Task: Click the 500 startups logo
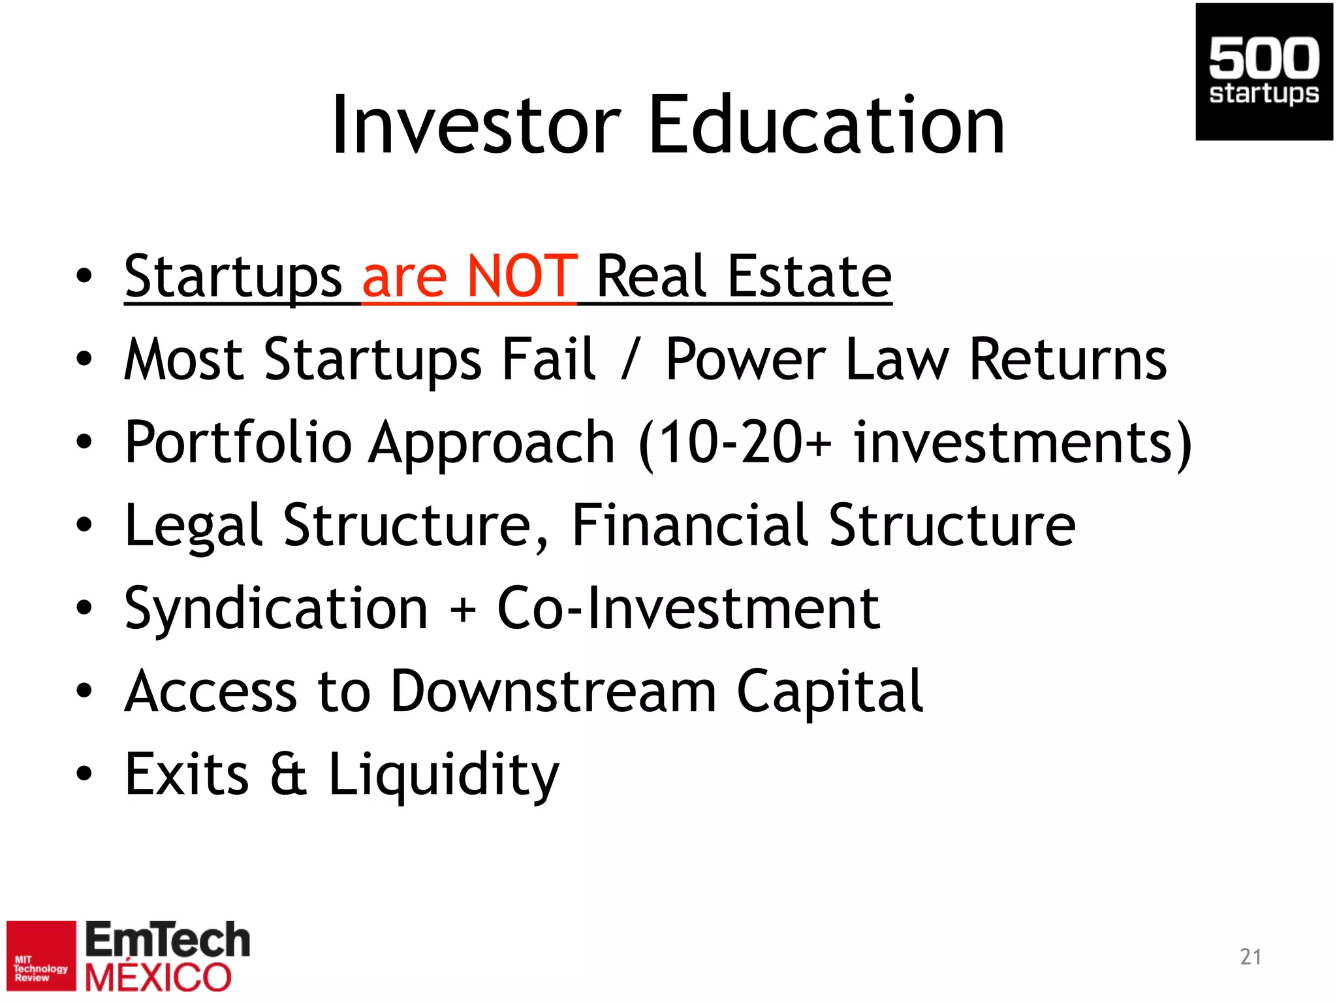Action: (x=1264, y=72)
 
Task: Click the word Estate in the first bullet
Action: (x=810, y=277)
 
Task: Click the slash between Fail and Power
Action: (x=630, y=360)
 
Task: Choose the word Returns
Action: (x=1068, y=360)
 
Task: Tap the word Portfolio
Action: (x=239, y=443)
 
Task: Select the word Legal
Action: (x=193, y=526)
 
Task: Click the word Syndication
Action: (x=276, y=609)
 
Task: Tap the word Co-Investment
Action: (x=689, y=609)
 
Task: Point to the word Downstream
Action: (x=554, y=692)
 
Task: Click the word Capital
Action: (x=830, y=692)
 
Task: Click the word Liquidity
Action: (x=444, y=776)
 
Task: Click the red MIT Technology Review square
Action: (x=41, y=955)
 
